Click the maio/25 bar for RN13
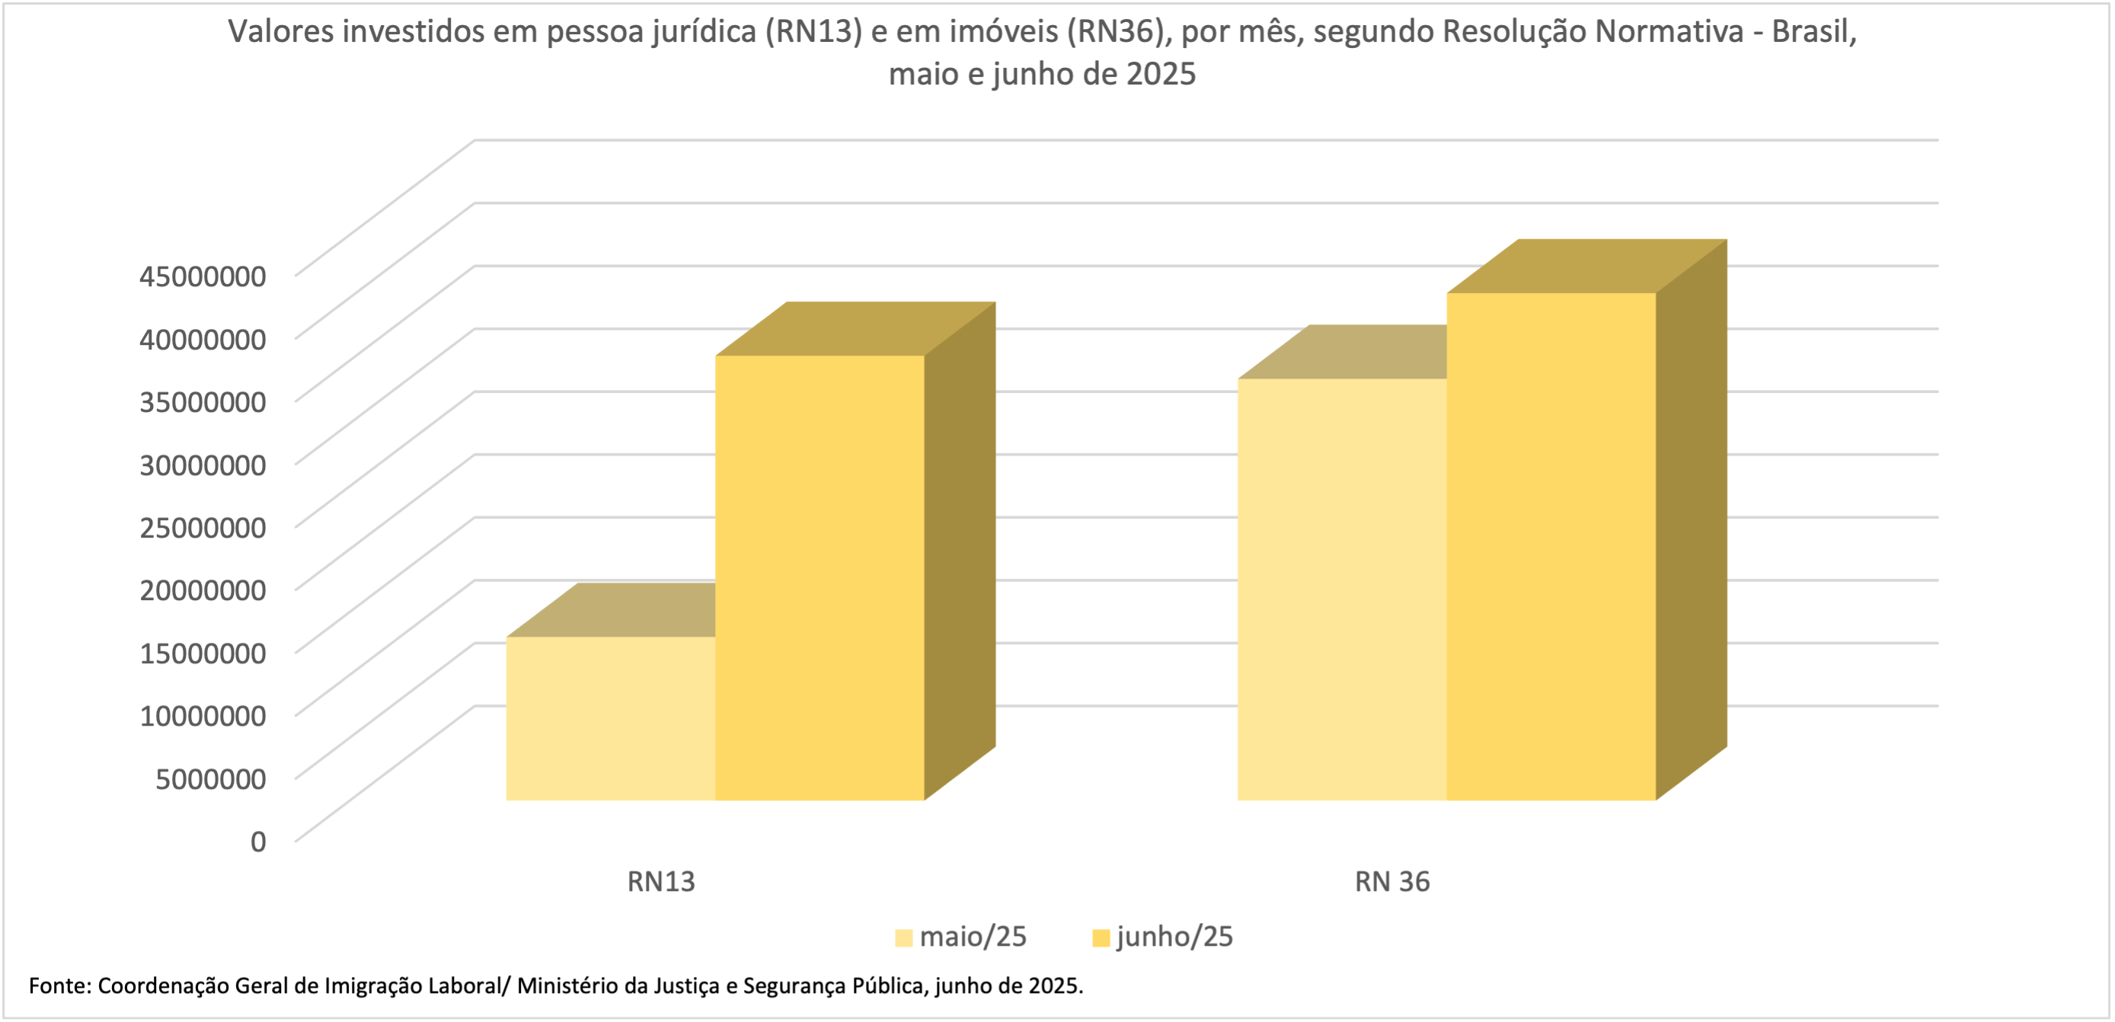[610, 718]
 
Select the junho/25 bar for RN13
[819, 577]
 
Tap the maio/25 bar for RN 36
[1341, 589]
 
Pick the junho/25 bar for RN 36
[1551, 546]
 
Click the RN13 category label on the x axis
[661, 882]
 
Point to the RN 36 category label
[1391, 882]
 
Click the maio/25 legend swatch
[904, 937]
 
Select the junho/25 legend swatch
[1101, 937]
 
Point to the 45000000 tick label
[203, 276]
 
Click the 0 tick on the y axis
[258, 841]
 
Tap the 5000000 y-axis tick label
[211, 778]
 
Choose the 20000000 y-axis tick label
[203, 589]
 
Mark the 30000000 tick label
[203, 465]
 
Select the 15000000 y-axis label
[203, 653]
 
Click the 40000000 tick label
[203, 338]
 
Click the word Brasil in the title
[1813, 31]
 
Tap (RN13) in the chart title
[813, 31]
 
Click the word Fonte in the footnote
[60, 985]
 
